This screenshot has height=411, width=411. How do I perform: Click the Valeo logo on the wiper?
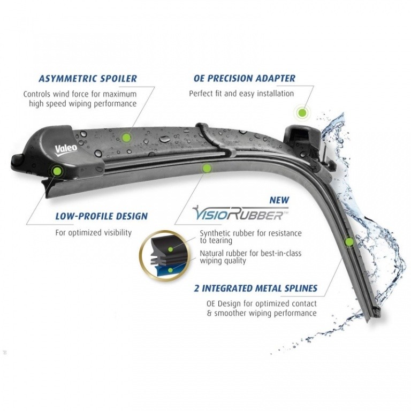66,150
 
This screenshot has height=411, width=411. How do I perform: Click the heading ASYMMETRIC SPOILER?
88,78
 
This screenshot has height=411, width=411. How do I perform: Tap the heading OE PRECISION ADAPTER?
245,78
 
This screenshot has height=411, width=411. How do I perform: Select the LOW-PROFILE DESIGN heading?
102,216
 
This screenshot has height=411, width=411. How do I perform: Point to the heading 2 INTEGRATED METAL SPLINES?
256,288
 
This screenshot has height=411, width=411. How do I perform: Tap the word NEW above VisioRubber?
279,200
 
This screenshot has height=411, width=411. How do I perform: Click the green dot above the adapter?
302,113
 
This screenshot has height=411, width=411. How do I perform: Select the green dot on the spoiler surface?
126,137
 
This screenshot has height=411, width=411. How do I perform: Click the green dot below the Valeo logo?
57,171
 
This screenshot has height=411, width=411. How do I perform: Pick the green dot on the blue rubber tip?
171,270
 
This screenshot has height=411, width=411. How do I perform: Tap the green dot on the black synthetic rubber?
170,249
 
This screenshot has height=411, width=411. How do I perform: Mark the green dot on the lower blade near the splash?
349,242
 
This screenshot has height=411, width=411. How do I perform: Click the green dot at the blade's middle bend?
207,168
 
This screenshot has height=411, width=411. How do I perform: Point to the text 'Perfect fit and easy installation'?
241,94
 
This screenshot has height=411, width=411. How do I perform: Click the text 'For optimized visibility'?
94,232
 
